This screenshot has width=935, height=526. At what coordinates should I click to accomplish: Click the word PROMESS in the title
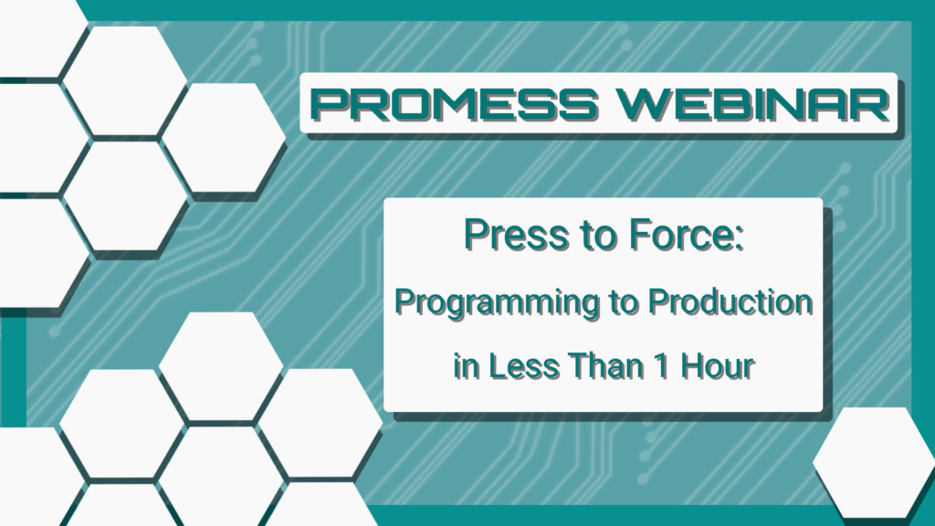[454, 104]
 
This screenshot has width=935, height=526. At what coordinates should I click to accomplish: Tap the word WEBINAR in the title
[753, 104]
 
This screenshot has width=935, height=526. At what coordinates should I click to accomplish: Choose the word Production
[730, 301]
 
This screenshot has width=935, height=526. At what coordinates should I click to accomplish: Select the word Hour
[718, 365]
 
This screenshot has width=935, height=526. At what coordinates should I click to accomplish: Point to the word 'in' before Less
[467, 365]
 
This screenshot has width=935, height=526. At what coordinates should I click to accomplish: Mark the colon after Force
[739, 238]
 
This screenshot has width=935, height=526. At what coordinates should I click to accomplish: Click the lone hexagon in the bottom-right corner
[874, 462]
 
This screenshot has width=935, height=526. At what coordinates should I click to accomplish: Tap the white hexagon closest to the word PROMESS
[224, 138]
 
